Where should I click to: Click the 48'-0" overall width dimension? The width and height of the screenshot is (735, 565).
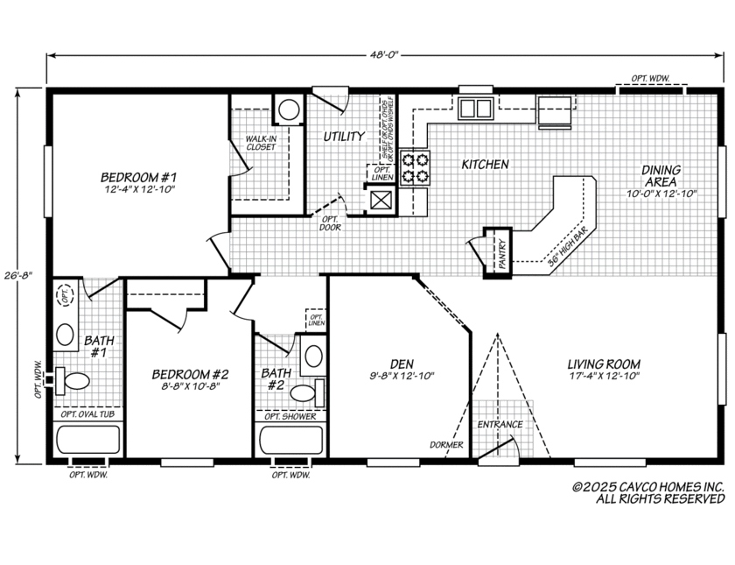(x=383, y=55)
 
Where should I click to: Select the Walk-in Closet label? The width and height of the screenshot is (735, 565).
(x=260, y=143)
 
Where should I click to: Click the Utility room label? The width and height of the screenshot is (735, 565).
(x=344, y=137)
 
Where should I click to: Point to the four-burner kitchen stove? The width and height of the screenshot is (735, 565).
(x=416, y=167)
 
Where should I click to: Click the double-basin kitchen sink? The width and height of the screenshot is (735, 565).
(x=476, y=109)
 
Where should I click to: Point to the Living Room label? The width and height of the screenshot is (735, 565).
(x=603, y=364)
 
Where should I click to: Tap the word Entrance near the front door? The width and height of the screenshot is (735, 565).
(x=500, y=425)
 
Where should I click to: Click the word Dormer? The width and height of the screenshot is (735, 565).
(x=446, y=445)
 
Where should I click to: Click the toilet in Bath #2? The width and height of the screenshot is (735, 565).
(x=304, y=392)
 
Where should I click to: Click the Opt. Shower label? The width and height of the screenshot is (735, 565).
(x=290, y=415)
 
